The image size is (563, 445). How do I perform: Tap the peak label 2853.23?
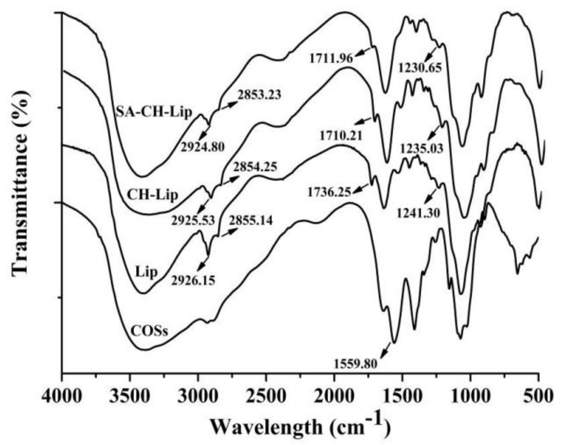click(259, 95)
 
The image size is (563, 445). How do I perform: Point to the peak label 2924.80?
click(203, 147)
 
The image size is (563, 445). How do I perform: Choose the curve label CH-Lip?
click(153, 195)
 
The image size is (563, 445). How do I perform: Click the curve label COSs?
click(149, 331)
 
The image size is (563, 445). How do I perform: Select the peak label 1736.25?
click(329, 193)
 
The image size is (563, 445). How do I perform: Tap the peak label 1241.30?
click(418, 214)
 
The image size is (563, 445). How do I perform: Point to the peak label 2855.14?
click(251, 220)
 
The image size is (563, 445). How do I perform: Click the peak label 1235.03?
click(422, 149)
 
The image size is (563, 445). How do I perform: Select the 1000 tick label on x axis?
click(470, 397)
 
